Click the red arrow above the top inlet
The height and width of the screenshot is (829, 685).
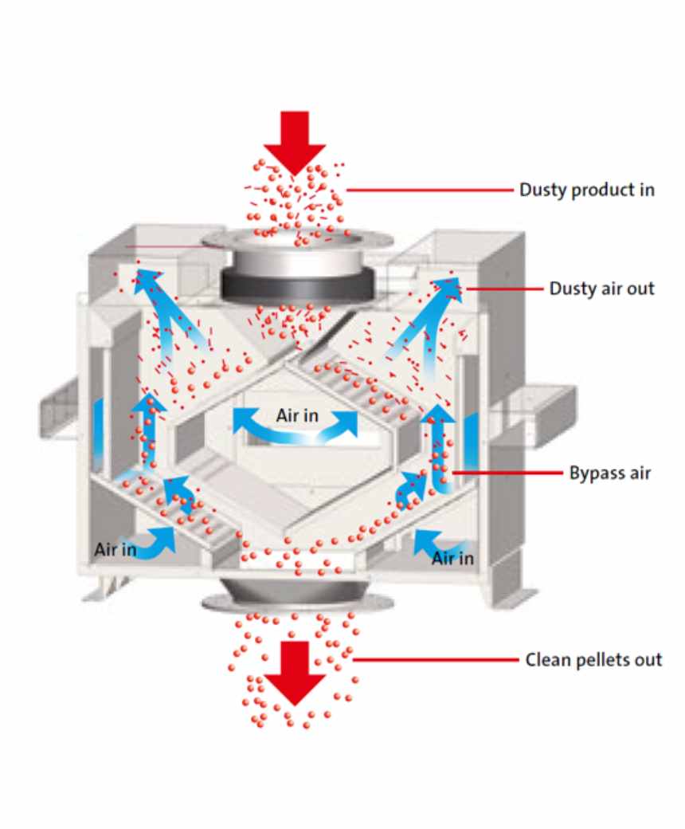295,139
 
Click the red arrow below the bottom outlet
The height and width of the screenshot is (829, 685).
295,674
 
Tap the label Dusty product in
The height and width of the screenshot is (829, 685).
587,190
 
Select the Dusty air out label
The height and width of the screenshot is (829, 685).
602,288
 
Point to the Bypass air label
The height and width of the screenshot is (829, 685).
610,473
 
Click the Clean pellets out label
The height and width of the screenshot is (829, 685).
593,660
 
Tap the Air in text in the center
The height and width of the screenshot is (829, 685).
297,415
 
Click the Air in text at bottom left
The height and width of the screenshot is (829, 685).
115,549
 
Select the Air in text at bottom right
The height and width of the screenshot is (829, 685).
453,558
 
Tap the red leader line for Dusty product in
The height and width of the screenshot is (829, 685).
430,190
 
